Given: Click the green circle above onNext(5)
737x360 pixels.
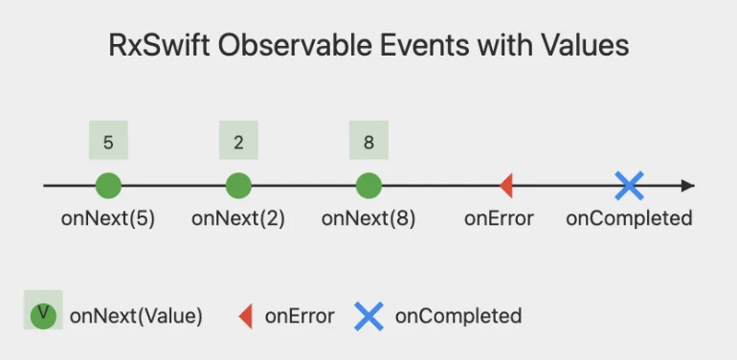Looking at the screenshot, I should (x=108, y=186).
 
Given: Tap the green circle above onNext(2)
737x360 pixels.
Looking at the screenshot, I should (x=238, y=186).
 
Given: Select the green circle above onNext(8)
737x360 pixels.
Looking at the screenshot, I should (x=368, y=186).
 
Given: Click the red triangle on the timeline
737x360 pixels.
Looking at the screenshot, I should (x=507, y=186).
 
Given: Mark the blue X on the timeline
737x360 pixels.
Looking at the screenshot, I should (x=629, y=186).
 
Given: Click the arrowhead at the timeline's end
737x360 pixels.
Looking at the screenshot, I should (x=688, y=186).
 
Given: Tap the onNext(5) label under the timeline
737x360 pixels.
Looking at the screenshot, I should (x=108, y=218).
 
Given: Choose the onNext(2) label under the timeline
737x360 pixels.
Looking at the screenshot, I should (x=238, y=218).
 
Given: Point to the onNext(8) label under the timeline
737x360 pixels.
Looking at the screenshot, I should (x=368, y=218).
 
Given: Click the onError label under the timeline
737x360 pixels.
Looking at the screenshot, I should (x=499, y=218).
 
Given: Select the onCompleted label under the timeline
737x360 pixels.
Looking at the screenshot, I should (x=629, y=218).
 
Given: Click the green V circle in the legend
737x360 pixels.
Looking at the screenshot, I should (x=43, y=315).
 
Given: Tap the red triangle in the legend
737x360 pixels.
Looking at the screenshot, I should (x=246, y=316).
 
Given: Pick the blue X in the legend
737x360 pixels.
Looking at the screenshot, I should (x=369, y=316).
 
